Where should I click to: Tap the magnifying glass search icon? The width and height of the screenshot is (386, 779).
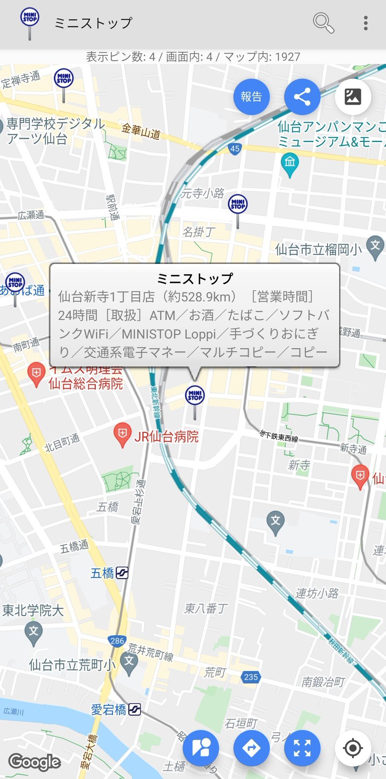point(323,23)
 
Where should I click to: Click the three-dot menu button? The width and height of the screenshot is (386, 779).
point(365,23)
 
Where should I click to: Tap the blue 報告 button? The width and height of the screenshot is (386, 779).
point(251,97)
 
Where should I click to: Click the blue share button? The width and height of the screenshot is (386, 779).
point(302,97)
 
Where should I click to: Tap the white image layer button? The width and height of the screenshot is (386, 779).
point(353,97)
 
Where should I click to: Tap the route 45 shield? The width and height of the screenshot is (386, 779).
point(235,148)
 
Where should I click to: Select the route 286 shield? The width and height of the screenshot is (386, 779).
point(117,641)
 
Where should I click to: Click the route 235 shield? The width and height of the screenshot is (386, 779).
point(251,677)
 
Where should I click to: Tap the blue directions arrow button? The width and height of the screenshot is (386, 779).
point(251,748)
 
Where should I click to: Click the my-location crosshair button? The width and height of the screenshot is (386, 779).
point(353,748)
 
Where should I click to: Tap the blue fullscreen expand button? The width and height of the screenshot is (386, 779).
point(302,748)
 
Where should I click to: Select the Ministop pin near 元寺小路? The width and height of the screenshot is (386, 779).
point(238,204)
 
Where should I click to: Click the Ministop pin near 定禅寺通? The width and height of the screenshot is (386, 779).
point(64,79)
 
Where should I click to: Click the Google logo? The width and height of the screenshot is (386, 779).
point(35,762)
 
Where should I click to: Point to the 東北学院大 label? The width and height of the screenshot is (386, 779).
point(33,610)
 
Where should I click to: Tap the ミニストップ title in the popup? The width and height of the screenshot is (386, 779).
point(195,279)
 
